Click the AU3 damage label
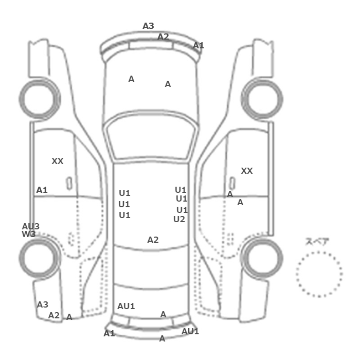pos(31,227)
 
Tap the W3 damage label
pos(29,234)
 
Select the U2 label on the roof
pos(179,219)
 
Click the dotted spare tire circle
pos(319,252)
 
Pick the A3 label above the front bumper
pos(148,26)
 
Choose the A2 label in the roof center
pos(153,240)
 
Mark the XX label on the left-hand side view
pos(58,161)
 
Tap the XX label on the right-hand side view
pos(247,171)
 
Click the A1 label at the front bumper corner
pos(199,45)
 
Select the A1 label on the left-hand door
pos(42,190)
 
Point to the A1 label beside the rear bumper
pos(109,333)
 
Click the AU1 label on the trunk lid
pos(126,306)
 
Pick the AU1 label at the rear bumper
pos(190,331)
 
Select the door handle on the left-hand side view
pos(69,184)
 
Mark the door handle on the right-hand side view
pos(232,184)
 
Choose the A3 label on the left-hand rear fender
pos(43,304)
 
